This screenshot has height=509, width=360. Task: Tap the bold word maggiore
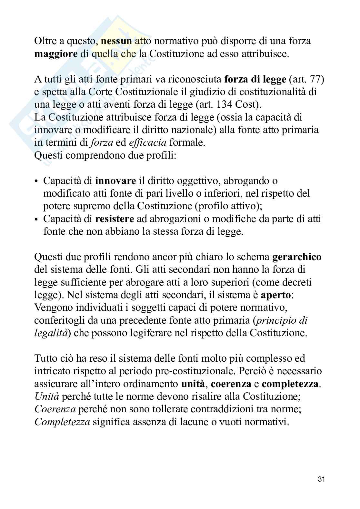click(56, 54)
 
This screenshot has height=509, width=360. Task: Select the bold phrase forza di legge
click(255, 79)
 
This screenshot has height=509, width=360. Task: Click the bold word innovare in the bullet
click(115, 181)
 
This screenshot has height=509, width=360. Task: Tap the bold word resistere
click(115, 219)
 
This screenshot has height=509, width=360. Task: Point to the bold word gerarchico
click(297, 257)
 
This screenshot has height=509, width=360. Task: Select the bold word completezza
click(290, 384)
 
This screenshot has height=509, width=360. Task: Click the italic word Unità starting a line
click(49, 396)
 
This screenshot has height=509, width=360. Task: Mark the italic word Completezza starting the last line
click(62, 422)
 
